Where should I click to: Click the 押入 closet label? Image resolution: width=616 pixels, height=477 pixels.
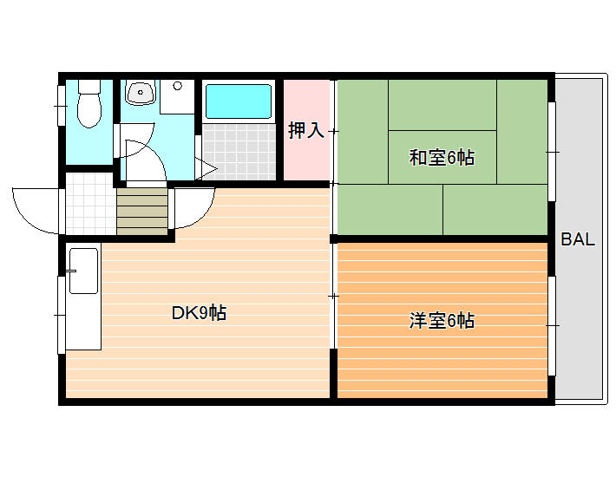[x=305, y=131]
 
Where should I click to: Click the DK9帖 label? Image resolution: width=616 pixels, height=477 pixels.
[x=199, y=313]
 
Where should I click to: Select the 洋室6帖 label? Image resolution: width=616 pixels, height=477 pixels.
[x=442, y=320]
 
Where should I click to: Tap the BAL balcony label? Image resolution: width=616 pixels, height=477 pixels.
[x=578, y=240]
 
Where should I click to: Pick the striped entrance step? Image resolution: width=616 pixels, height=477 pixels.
[x=141, y=212]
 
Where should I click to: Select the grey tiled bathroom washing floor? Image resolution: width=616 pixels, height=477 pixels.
[x=239, y=151]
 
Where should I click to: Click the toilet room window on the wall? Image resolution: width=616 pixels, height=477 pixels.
[x=61, y=105]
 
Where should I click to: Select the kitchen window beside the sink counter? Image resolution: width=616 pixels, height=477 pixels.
[x=61, y=314]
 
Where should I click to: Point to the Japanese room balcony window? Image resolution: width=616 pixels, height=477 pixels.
[x=552, y=152]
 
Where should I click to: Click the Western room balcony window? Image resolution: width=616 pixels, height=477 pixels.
[x=552, y=325]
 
